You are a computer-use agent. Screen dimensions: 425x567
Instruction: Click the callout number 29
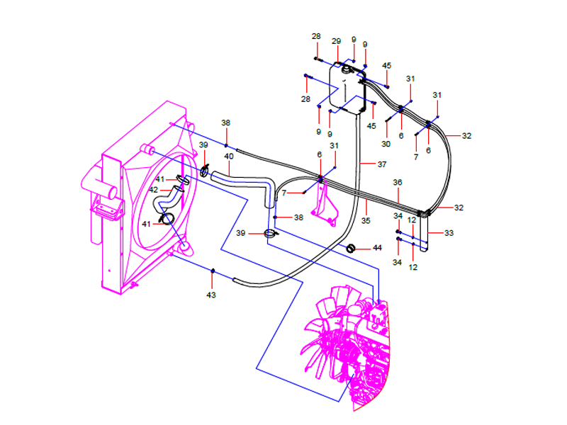tap(336, 41)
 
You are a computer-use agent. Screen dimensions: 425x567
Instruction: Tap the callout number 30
tap(386, 144)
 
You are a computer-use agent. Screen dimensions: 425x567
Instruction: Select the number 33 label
tap(449, 232)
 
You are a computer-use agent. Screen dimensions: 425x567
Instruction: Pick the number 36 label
tap(398, 182)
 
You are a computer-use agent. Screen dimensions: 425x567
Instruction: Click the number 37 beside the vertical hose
tap(381, 164)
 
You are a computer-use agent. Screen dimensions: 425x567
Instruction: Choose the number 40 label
tap(229, 156)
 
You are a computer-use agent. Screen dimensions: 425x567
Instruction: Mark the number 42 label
tap(154, 190)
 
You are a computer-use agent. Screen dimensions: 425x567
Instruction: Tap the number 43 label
tap(211, 294)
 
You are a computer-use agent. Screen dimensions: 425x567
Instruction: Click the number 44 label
tap(377, 248)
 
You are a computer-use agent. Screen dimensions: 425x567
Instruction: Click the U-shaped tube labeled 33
tap(425, 234)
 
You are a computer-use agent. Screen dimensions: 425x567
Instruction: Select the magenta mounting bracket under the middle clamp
tap(326, 205)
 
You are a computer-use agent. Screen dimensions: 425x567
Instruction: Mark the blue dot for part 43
tap(213, 271)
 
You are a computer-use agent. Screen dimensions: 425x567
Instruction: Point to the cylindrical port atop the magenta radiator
tap(147, 149)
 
